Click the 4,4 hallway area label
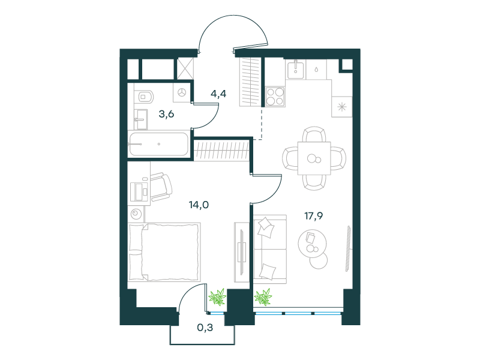click(x=218, y=94)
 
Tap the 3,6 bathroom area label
click(x=166, y=114)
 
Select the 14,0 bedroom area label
click(x=199, y=205)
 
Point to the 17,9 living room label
click(x=313, y=216)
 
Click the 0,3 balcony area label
click(x=205, y=328)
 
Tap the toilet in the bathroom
click(x=145, y=97)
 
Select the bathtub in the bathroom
click(x=158, y=144)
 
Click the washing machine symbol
click(x=182, y=92)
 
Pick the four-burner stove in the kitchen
click(x=275, y=97)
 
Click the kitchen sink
click(x=296, y=69)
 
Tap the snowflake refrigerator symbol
click(x=341, y=107)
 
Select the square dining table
click(x=314, y=158)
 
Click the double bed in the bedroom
click(x=164, y=252)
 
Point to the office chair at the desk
click(x=160, y=187)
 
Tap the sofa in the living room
click(x=270, y=249)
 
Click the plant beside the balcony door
click(x=218, y=296)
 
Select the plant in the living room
click(x=263, y=297)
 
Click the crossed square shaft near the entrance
click(x=185, y=68)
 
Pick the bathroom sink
click(x=141, y=119)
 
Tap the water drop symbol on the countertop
click(x=316, y=70)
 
